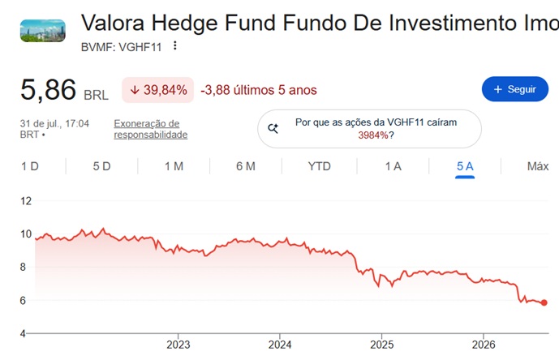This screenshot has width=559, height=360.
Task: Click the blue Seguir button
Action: (x=515, y=89)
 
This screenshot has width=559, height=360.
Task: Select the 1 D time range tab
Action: (x=30, y=166)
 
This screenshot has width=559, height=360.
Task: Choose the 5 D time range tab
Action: (x=101, y=166)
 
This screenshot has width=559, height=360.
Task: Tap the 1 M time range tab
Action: (x=174, y=166)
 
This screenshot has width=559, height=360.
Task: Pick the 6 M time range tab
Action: (x=246, y=166)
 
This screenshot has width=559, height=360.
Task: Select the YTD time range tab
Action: (x=320, y=166)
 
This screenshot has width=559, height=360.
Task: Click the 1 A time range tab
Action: (x=393, y=166)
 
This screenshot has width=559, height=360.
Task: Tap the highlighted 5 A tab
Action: (x=465, y=166)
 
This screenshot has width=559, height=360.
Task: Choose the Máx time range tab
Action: (x=538, y=166)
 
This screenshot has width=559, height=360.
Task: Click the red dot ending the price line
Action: (x=544, y=302)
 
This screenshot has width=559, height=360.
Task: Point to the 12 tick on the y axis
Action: (x=26, y=201)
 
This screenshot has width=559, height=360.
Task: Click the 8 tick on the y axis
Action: (x=24, y=267)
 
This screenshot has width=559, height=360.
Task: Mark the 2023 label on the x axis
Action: (x=178, y=345)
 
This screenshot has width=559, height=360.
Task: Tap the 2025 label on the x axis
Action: (x=382, y=345)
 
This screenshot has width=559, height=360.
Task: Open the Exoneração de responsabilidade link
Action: (x=150, y=129)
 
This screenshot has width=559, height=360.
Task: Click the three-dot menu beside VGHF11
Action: (x=174, y=45)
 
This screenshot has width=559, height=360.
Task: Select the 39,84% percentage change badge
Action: (x=158, y=90)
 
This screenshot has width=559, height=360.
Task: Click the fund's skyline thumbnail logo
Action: (x=43, y=31)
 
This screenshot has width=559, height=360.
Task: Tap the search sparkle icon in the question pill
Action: (x=273, y=128)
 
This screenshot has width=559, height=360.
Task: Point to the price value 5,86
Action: (x=48, y=89)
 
